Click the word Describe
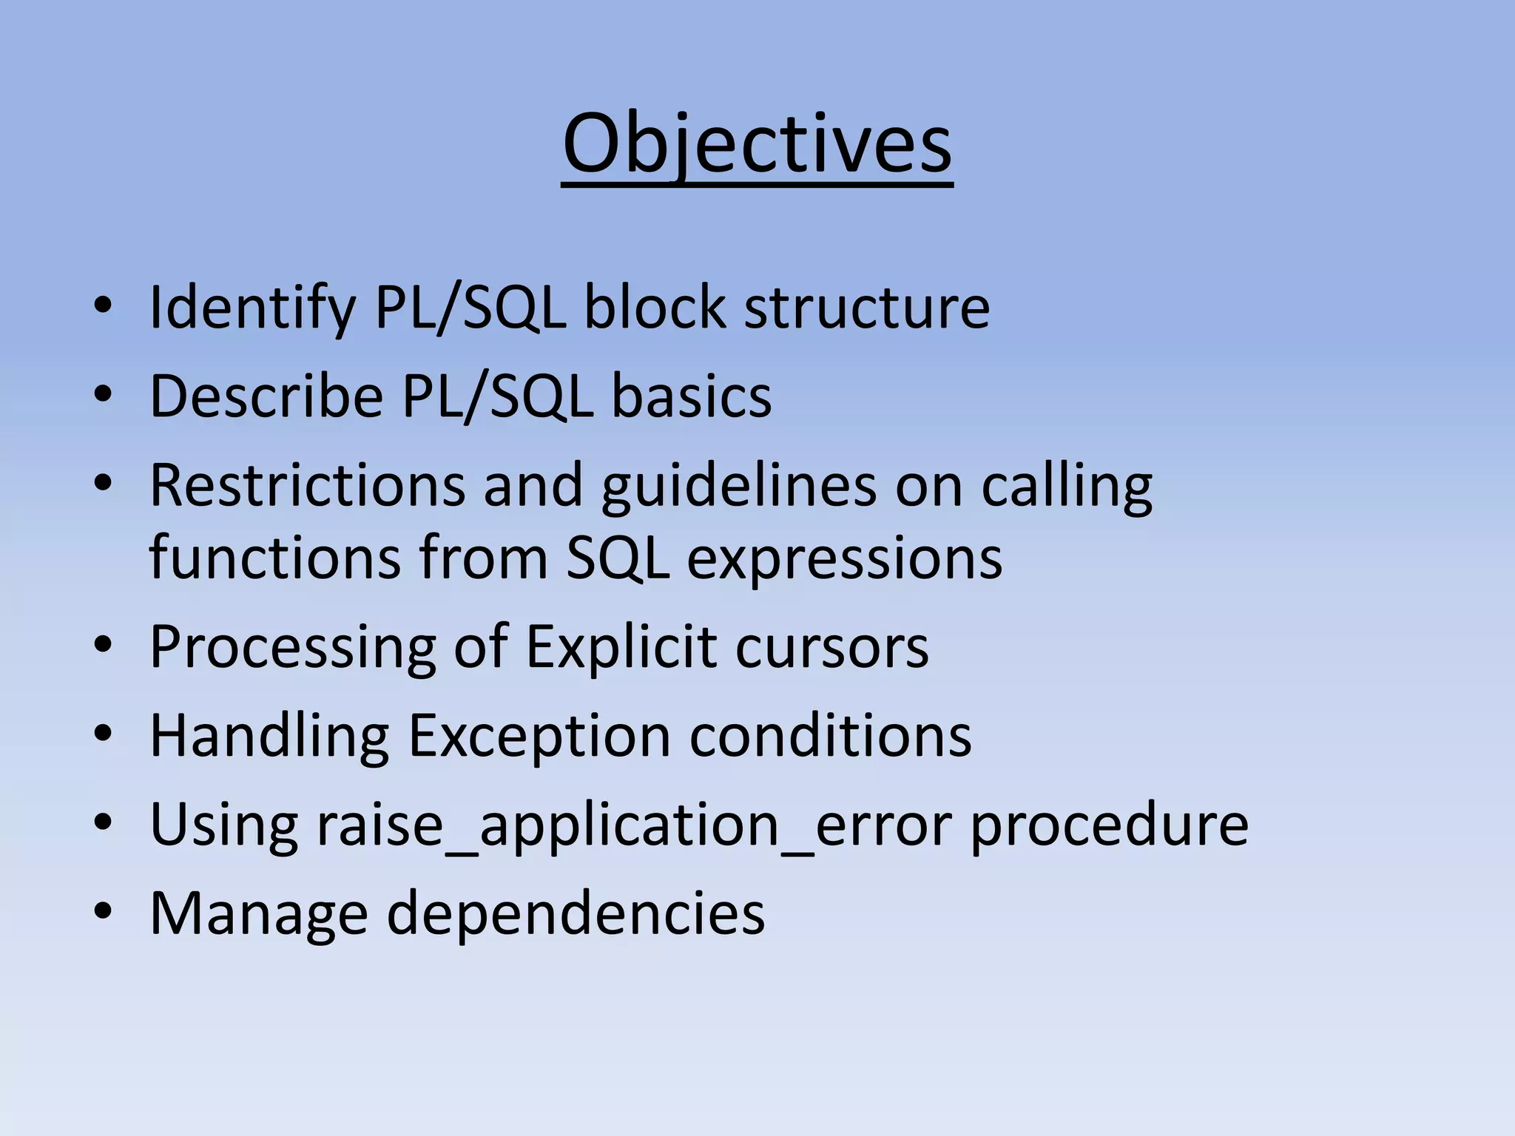[x=266, y=396]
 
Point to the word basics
[x=691, y=396]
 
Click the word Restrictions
[x=307, y=486]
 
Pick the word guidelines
[x=738, y=486]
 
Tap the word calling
[x=1066, y=486]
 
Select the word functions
[x=274, y=558]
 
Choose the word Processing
[x=292, y=647]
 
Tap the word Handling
[x=269, y=736]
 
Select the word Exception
[x=539, y=736]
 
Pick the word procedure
[x=1109, y=825]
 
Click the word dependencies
[x=576, y=914]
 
